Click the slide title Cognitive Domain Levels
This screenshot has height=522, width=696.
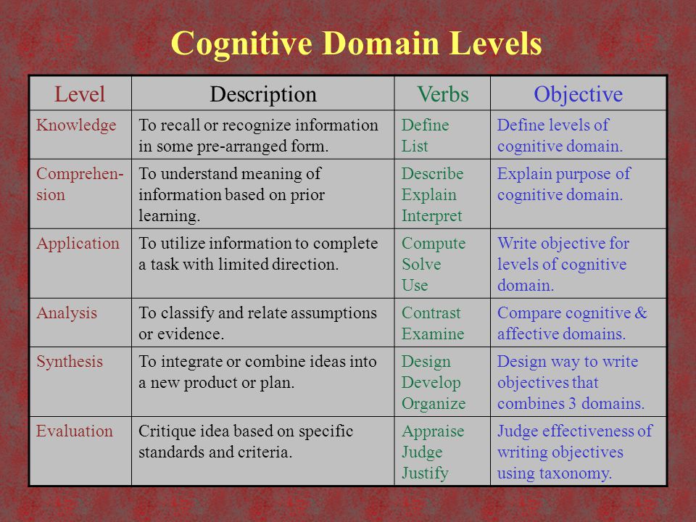coord(356,44)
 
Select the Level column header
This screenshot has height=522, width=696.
coord(80,94)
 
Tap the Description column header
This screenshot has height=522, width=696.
coord(263,94)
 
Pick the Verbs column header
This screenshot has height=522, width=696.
coord(443,94)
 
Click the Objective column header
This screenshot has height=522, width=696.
coord(578,94)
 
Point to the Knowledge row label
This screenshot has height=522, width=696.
coord(76,125)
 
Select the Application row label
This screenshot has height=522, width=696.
coord(78,244)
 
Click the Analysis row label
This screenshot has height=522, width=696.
coord(67,313)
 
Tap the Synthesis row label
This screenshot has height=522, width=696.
coord(70,362)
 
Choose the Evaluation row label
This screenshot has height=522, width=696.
coord(75,431)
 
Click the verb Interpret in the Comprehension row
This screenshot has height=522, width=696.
coord(432,216)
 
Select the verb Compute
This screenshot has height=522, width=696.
coord(434,244)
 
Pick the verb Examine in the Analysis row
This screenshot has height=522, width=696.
coord(433,333)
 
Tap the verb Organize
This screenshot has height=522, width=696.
coord(434,404)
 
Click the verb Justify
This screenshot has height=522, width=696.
coord(426,473)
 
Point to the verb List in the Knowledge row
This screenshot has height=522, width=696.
coord(415,146)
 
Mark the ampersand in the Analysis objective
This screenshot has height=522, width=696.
coord(640,313)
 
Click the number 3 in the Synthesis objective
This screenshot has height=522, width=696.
coord(573,404)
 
